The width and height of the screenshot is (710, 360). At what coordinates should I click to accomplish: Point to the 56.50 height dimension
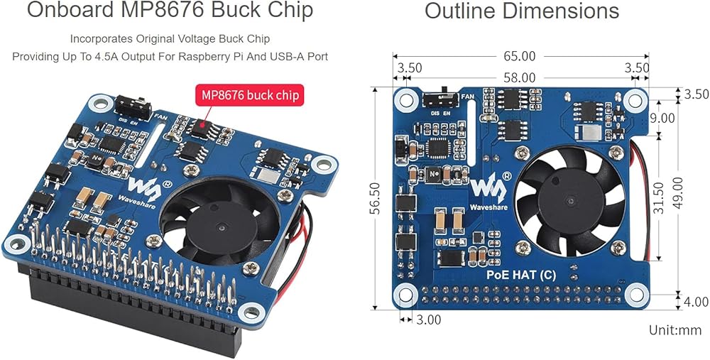click(375, 198)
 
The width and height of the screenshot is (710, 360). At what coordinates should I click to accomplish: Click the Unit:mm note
click(674, 330)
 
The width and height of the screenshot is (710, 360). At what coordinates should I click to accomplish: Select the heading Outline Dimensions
click(522, 11)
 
